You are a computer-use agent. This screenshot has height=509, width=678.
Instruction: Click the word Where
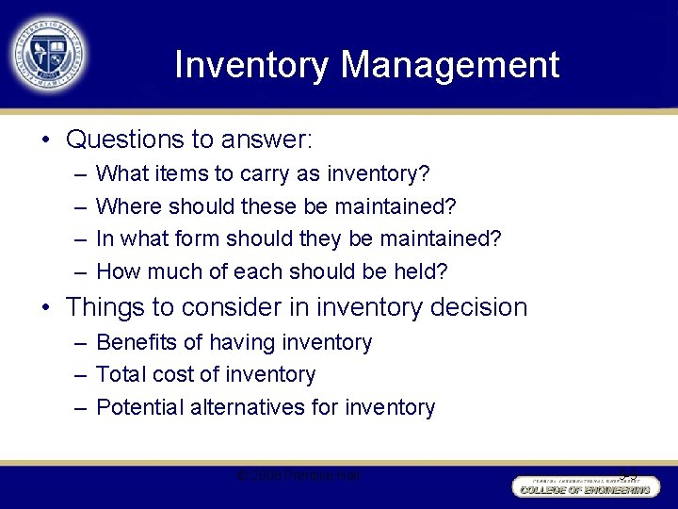127,206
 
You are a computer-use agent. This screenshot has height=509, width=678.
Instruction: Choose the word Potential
140,407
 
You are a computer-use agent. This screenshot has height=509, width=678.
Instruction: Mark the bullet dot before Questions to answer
44,140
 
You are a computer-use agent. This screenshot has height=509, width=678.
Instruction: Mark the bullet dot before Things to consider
44,308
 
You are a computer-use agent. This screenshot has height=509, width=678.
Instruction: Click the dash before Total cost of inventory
78,374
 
